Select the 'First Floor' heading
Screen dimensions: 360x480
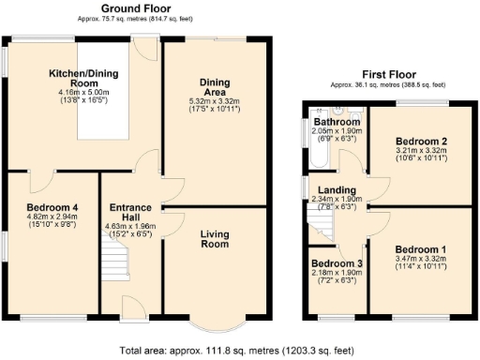(x=387, y=74)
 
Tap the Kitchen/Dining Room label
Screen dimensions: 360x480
(x=83, y=77)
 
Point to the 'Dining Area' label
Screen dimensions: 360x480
(x=215, y=86)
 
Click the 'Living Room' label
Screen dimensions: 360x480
(x=215, y=239)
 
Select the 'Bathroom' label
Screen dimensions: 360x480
(x=337, y=122)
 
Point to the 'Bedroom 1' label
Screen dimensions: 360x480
(x=419, y=250)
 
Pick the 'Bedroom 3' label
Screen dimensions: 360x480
(x=335, y=263)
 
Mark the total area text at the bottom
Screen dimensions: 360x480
(x=238, y=351)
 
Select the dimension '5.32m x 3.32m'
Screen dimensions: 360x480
(x=215, y=101)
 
